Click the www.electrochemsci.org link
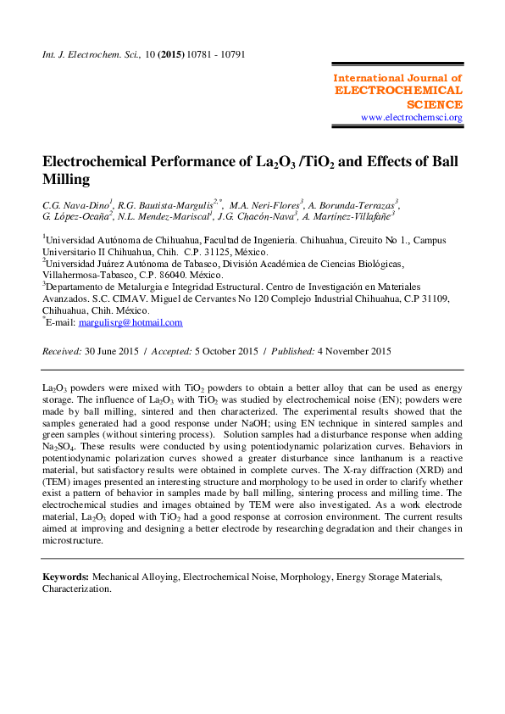tap(411, 117)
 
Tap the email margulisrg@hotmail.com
tap(130, 322)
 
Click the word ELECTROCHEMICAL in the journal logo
tap(399, 91)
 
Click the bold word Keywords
tap(66, 576)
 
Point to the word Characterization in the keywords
tap(76, 588)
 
